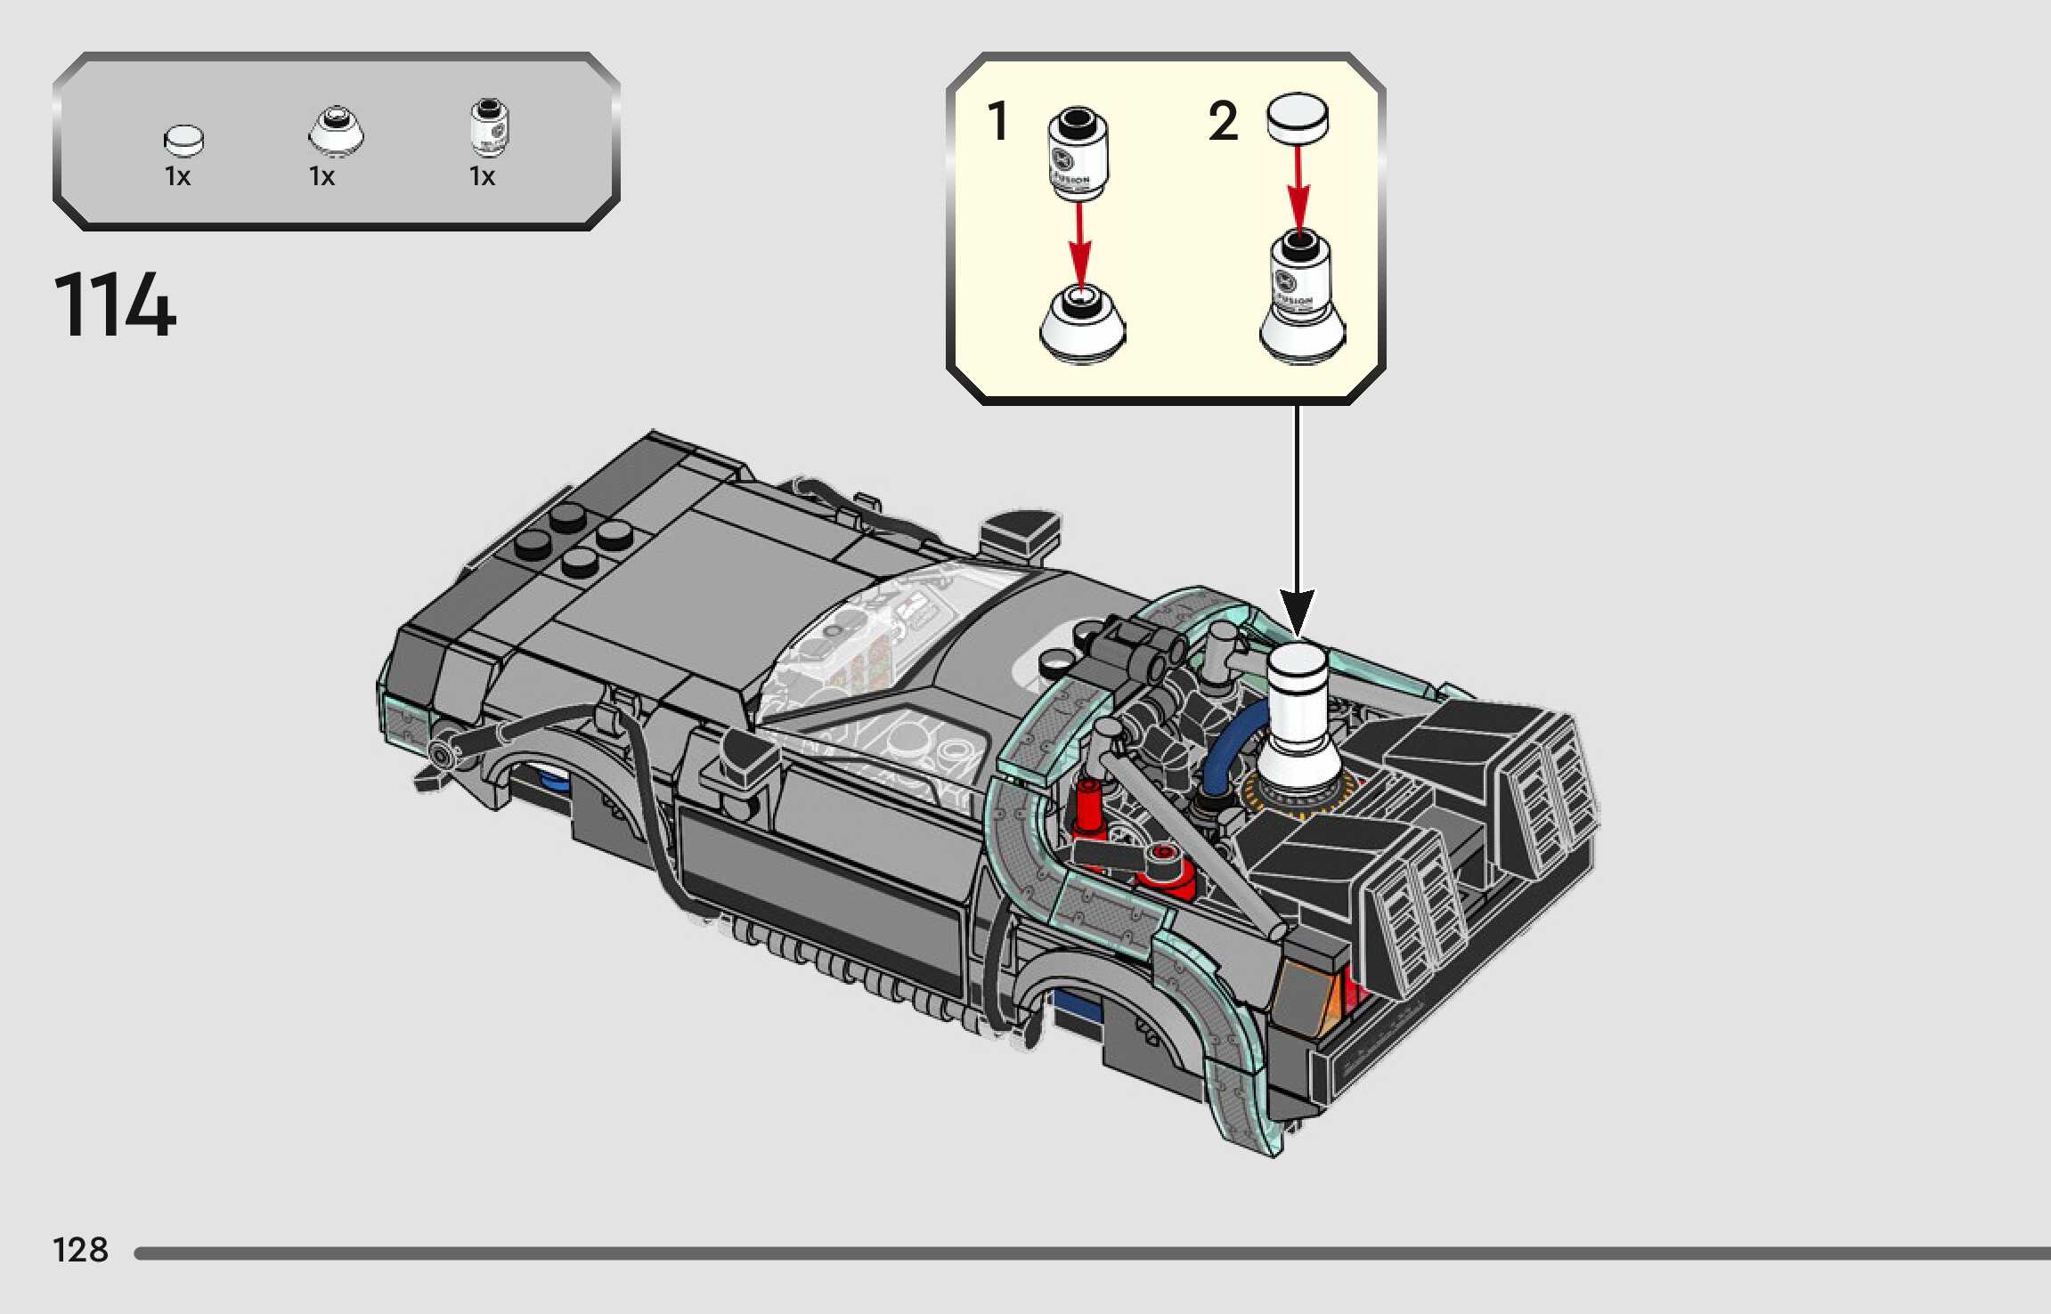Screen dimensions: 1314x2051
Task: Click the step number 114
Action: (115, 304)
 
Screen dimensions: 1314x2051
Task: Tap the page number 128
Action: (80, 1250)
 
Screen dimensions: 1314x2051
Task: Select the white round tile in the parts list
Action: (184, 141)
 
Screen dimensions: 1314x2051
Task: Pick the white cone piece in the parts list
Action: (336, 130)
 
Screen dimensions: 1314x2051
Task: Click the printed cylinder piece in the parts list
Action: (489, 127)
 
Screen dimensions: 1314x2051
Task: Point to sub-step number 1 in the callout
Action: (997, 122)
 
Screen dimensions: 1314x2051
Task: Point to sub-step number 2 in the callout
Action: (1223, 122)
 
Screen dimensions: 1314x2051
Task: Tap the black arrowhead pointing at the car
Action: (1298, 613)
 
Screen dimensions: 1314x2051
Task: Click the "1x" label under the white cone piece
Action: (321, 176)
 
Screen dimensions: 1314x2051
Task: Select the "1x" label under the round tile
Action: (177, 176)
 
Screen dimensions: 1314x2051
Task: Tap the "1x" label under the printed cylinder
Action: (482, 176)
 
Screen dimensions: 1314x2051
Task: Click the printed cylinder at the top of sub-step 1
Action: (1077, 156)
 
